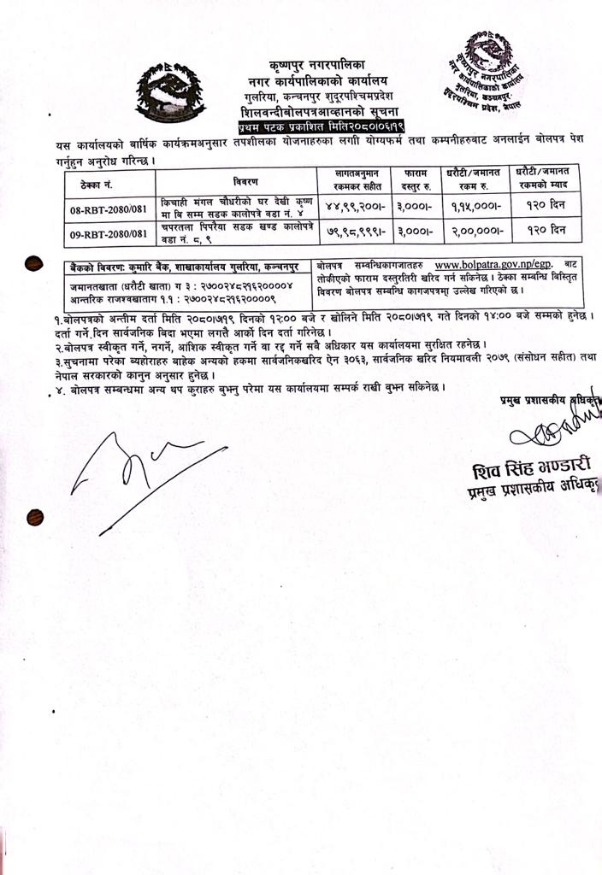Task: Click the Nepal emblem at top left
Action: click(x=171, y=91)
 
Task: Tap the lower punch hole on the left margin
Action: click(x=35, y=516)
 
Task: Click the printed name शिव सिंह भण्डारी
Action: click(x=531, y=471)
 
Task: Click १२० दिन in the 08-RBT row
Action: click(x=547, y=208)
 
